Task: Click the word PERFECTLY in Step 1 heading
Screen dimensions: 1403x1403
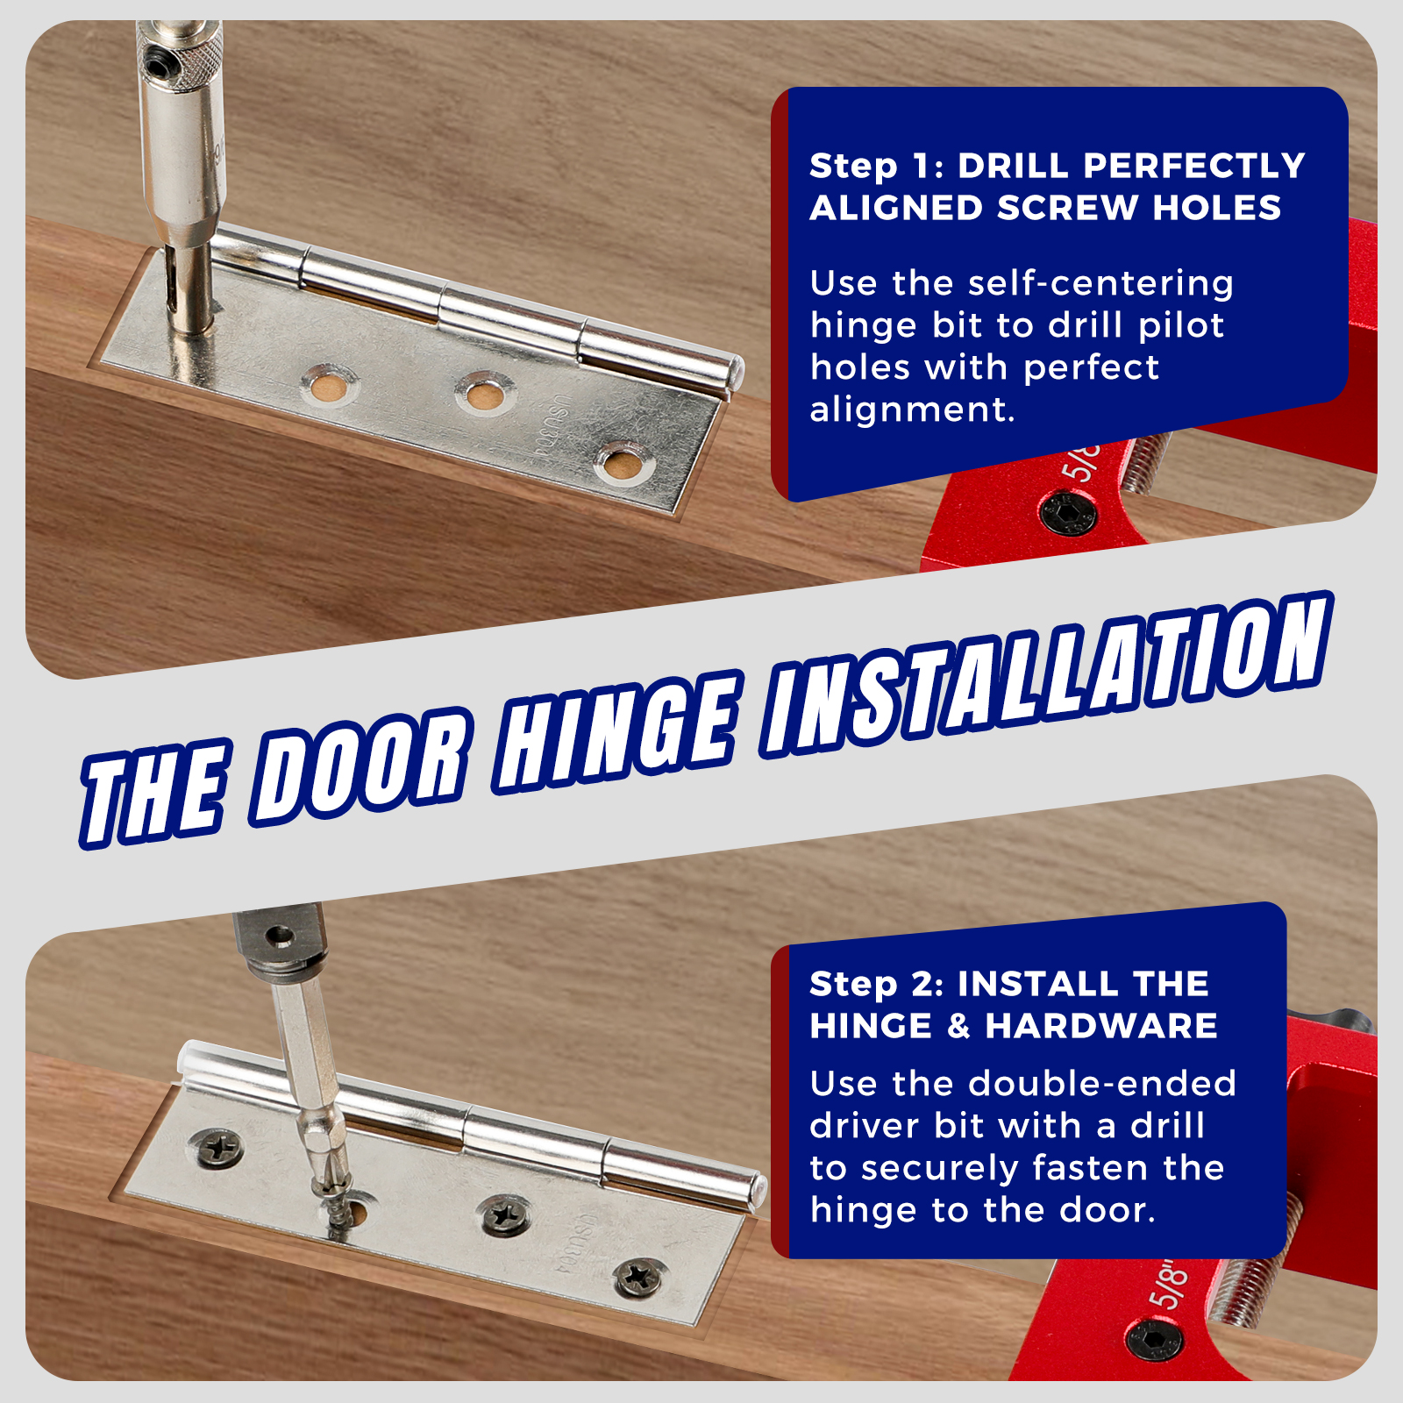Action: point(1193,166)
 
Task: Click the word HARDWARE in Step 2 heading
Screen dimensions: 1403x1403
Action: point(1101,1026)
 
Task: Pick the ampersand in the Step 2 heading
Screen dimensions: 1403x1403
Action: point(958,1026)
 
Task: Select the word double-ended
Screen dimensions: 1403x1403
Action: point(1102,1084)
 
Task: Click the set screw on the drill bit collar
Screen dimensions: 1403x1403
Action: point(159,65)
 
